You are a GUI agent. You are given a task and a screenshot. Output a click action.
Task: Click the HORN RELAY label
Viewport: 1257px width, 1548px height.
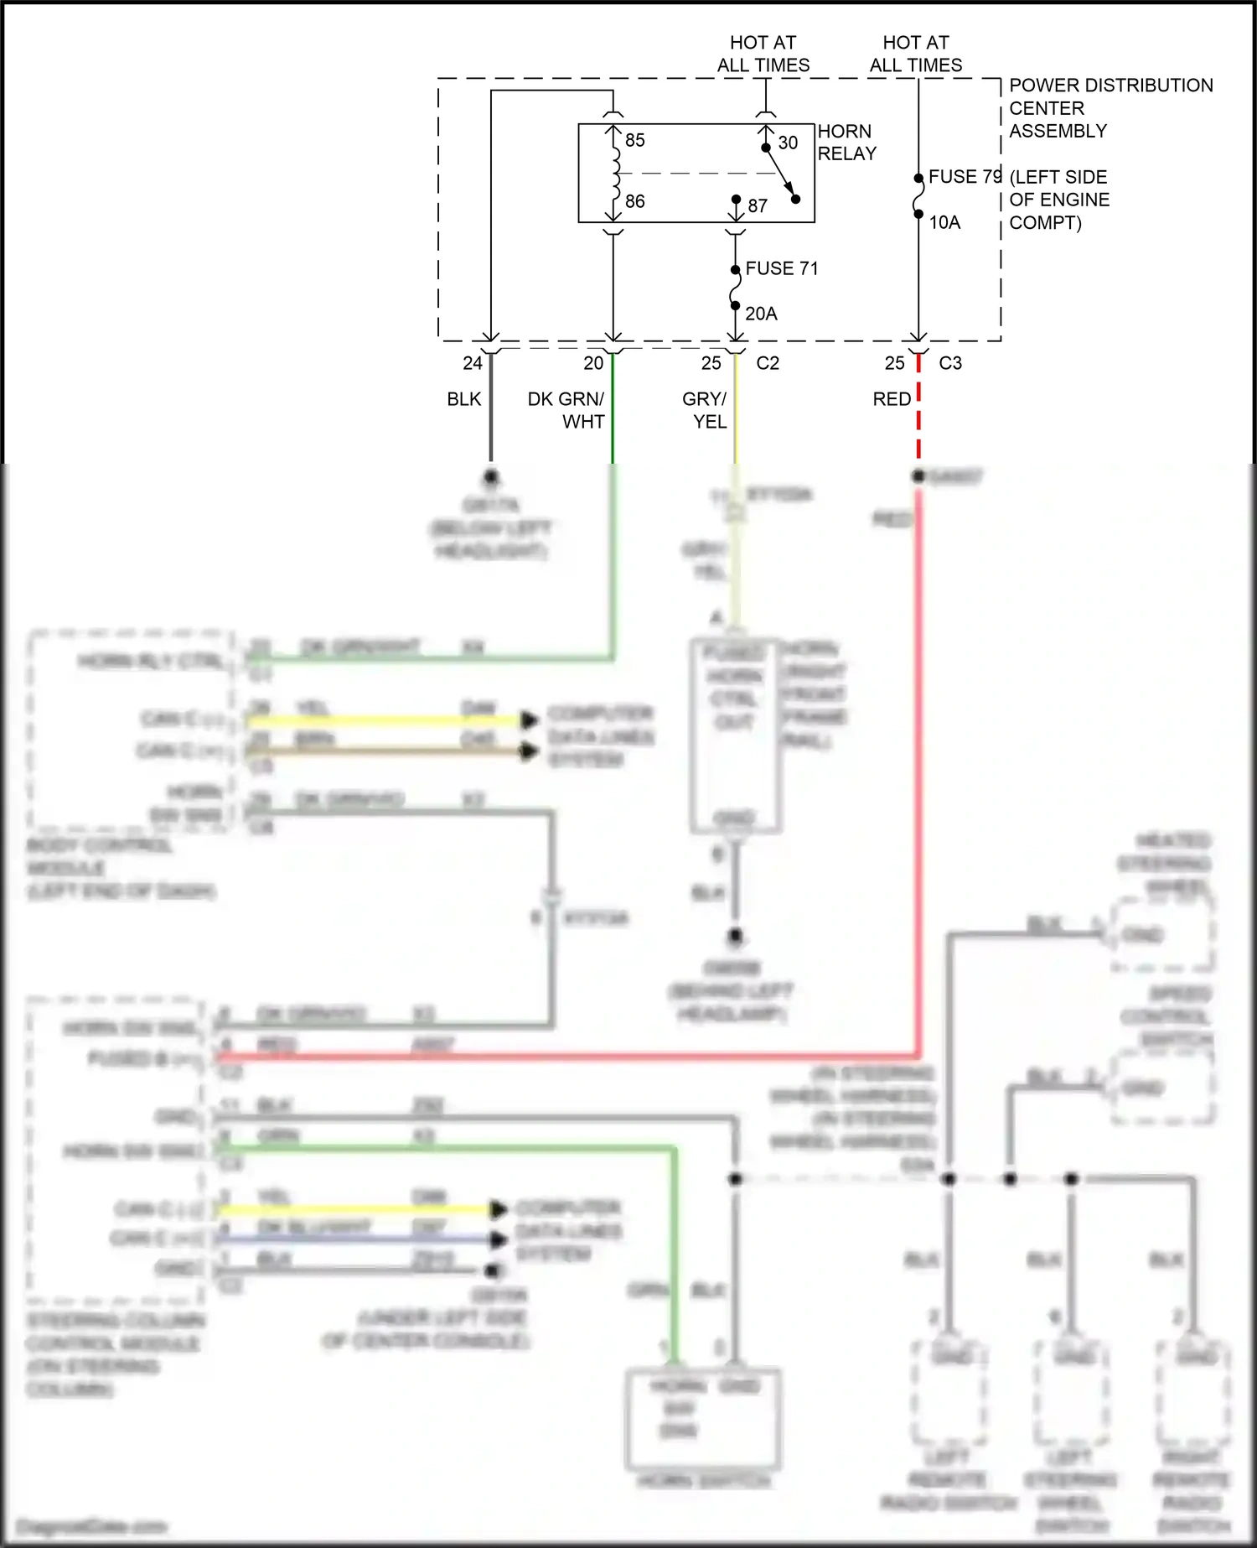pos(846,143)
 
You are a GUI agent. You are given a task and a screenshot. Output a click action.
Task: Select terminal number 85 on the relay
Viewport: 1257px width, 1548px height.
pos(635,140)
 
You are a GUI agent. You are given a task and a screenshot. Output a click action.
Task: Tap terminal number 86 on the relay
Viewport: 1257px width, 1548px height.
pos(635,201)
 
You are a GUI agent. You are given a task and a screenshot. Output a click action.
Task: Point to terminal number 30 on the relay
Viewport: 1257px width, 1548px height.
pos(788,143)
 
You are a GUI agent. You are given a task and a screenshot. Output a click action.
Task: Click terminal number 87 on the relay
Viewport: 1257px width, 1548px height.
pos(758,205)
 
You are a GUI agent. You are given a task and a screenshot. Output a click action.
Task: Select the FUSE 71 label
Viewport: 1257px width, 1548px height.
pos(781,268)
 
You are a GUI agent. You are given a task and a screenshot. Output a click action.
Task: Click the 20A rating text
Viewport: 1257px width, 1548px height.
pos(761,314)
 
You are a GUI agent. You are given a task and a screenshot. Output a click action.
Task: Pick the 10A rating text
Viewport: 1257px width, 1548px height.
pos(944,222)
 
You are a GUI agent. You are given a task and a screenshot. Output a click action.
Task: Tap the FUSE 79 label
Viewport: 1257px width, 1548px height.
pos(965,177)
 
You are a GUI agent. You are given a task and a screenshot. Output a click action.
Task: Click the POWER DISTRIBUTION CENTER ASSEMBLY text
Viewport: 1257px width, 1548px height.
pos(1110,108)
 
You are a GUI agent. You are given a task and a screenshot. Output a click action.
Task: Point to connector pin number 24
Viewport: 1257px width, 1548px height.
pos(473,363)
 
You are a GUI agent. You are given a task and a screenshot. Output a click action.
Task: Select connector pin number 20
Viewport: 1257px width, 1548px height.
pos(593,363)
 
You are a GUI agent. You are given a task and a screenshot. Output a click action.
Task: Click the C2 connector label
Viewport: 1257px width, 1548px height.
pos(768,363)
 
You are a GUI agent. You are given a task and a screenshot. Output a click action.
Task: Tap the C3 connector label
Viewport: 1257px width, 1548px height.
pos(950,363)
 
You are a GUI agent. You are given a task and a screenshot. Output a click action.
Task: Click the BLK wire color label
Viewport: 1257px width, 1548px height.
pos(464,399)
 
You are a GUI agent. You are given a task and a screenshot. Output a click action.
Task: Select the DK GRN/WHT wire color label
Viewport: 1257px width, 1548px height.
pos(566,410)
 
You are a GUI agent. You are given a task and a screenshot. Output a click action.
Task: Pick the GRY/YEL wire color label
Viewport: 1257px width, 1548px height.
pos(706,410)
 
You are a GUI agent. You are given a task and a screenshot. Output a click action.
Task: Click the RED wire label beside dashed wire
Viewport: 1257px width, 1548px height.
pos(892,399)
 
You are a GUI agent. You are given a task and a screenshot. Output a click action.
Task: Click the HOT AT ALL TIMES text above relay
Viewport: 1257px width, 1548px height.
pos(763,54)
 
